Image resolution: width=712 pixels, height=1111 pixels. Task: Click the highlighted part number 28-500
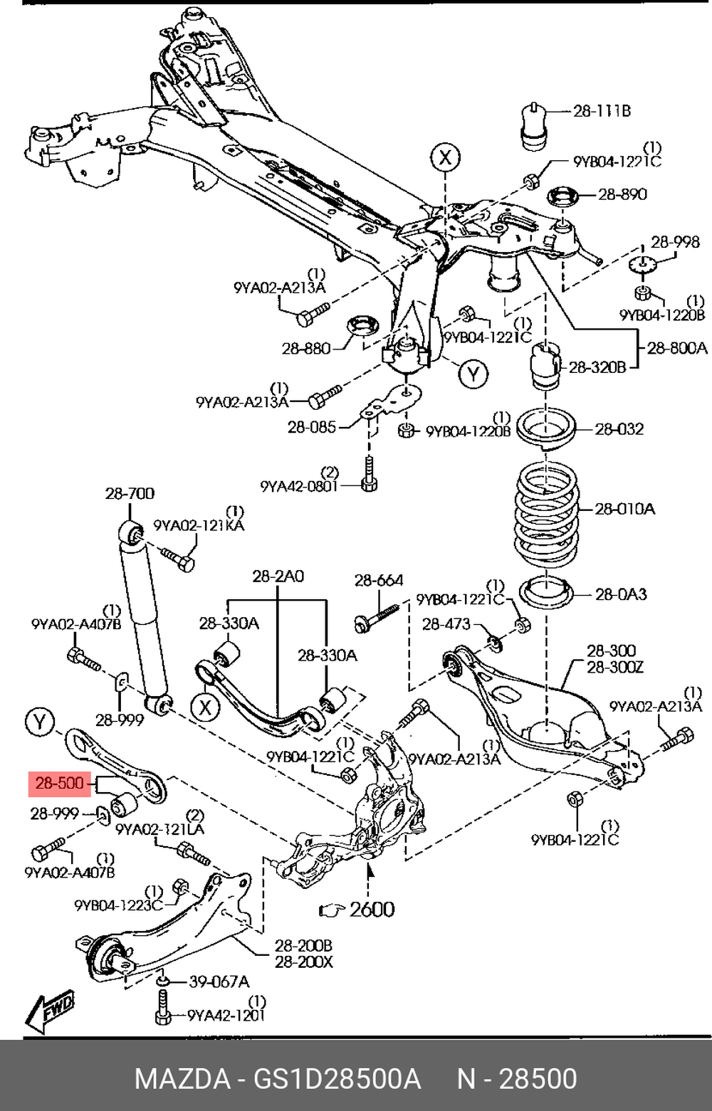click(x=60, y=784)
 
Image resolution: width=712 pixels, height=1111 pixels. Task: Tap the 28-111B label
click(x=602, y=111)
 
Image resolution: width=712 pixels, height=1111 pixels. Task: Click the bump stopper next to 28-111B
click(x=532, y=126)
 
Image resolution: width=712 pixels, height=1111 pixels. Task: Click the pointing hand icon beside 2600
click(x=332, y=909)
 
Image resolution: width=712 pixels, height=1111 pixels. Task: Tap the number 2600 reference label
click(x=372, y=909)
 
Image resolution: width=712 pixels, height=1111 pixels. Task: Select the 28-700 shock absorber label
click(x=130, y=493)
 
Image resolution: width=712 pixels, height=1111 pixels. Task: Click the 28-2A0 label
click(x=278, y=576)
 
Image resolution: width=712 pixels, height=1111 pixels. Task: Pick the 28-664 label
click(x=379, y=581)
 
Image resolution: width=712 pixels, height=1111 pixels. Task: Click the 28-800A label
click(x=676, y=348)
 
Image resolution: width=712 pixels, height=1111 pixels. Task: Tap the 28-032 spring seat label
click(x=619, y=429)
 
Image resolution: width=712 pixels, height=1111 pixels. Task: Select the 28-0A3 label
click(x=621, y=594)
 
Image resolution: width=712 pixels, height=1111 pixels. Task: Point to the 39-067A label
click(x=219, y=981)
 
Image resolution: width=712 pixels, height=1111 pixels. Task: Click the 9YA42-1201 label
click(x=226, y=1016)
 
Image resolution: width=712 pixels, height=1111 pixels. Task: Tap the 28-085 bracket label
click(x=311, y=427)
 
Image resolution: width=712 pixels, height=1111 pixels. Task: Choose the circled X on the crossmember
click(x=445, y=157)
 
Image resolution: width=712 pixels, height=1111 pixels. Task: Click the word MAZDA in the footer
click(x=182, y=1079)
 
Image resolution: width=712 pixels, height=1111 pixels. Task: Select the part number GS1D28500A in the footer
click(x=337, y=1079)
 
